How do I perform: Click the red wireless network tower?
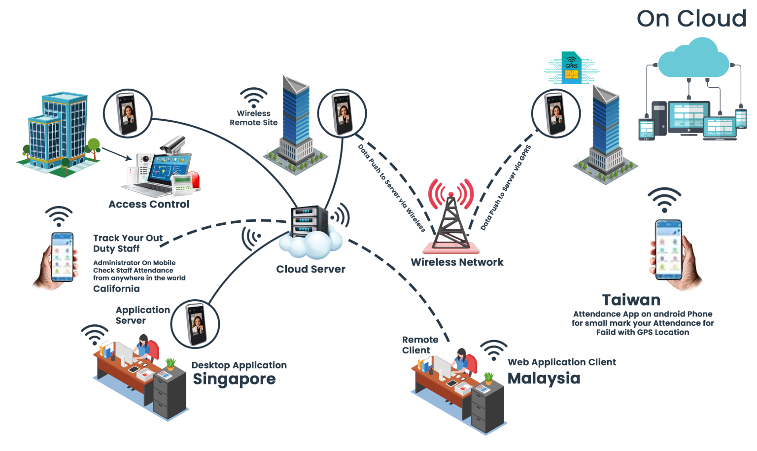450,217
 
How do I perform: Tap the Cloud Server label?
310,269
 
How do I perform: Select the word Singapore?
234,379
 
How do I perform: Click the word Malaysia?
544,378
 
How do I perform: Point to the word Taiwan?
631,300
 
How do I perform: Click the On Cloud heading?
691,19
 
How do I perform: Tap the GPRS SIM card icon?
572,68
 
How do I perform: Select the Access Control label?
149,204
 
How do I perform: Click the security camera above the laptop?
173,144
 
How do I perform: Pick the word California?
116,289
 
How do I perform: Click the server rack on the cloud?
309,222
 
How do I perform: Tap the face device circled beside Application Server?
195,324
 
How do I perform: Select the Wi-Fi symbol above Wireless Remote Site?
253,98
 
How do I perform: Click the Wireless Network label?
457,262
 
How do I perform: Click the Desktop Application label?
239,365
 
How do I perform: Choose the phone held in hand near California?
63,256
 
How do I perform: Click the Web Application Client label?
562,362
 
